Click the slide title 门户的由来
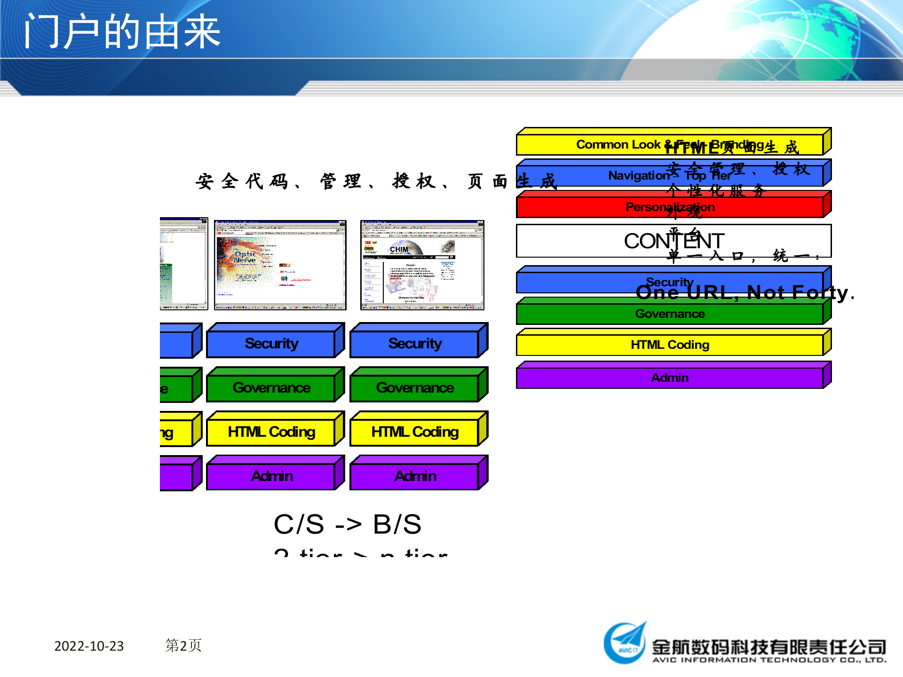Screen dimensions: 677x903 [x=122, y=32]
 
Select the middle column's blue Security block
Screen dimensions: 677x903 [x=271, y=344]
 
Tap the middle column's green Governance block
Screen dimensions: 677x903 [x=271, y=388]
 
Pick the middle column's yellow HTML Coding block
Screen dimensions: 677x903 [x=271, y=432]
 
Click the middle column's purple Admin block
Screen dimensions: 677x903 [x=271, y=476]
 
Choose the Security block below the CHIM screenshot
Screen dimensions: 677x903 [x=415, y=344]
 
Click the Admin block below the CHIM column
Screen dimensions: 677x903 [x=415, y=476]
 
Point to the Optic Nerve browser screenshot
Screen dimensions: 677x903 [x=280, y=265]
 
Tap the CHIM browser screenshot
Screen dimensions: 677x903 [x=422, y=265]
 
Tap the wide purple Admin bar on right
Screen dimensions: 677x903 [x=670, y=378]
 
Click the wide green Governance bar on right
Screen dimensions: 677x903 [x=670, y=314]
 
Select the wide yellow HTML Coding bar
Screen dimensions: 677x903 [x=670, y=345]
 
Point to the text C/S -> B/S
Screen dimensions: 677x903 [x=348, y=524]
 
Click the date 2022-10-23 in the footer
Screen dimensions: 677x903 [x=89, y=646]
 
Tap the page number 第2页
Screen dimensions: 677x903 [x=183, y=646]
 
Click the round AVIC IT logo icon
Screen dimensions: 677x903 [x=625, y=644]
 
